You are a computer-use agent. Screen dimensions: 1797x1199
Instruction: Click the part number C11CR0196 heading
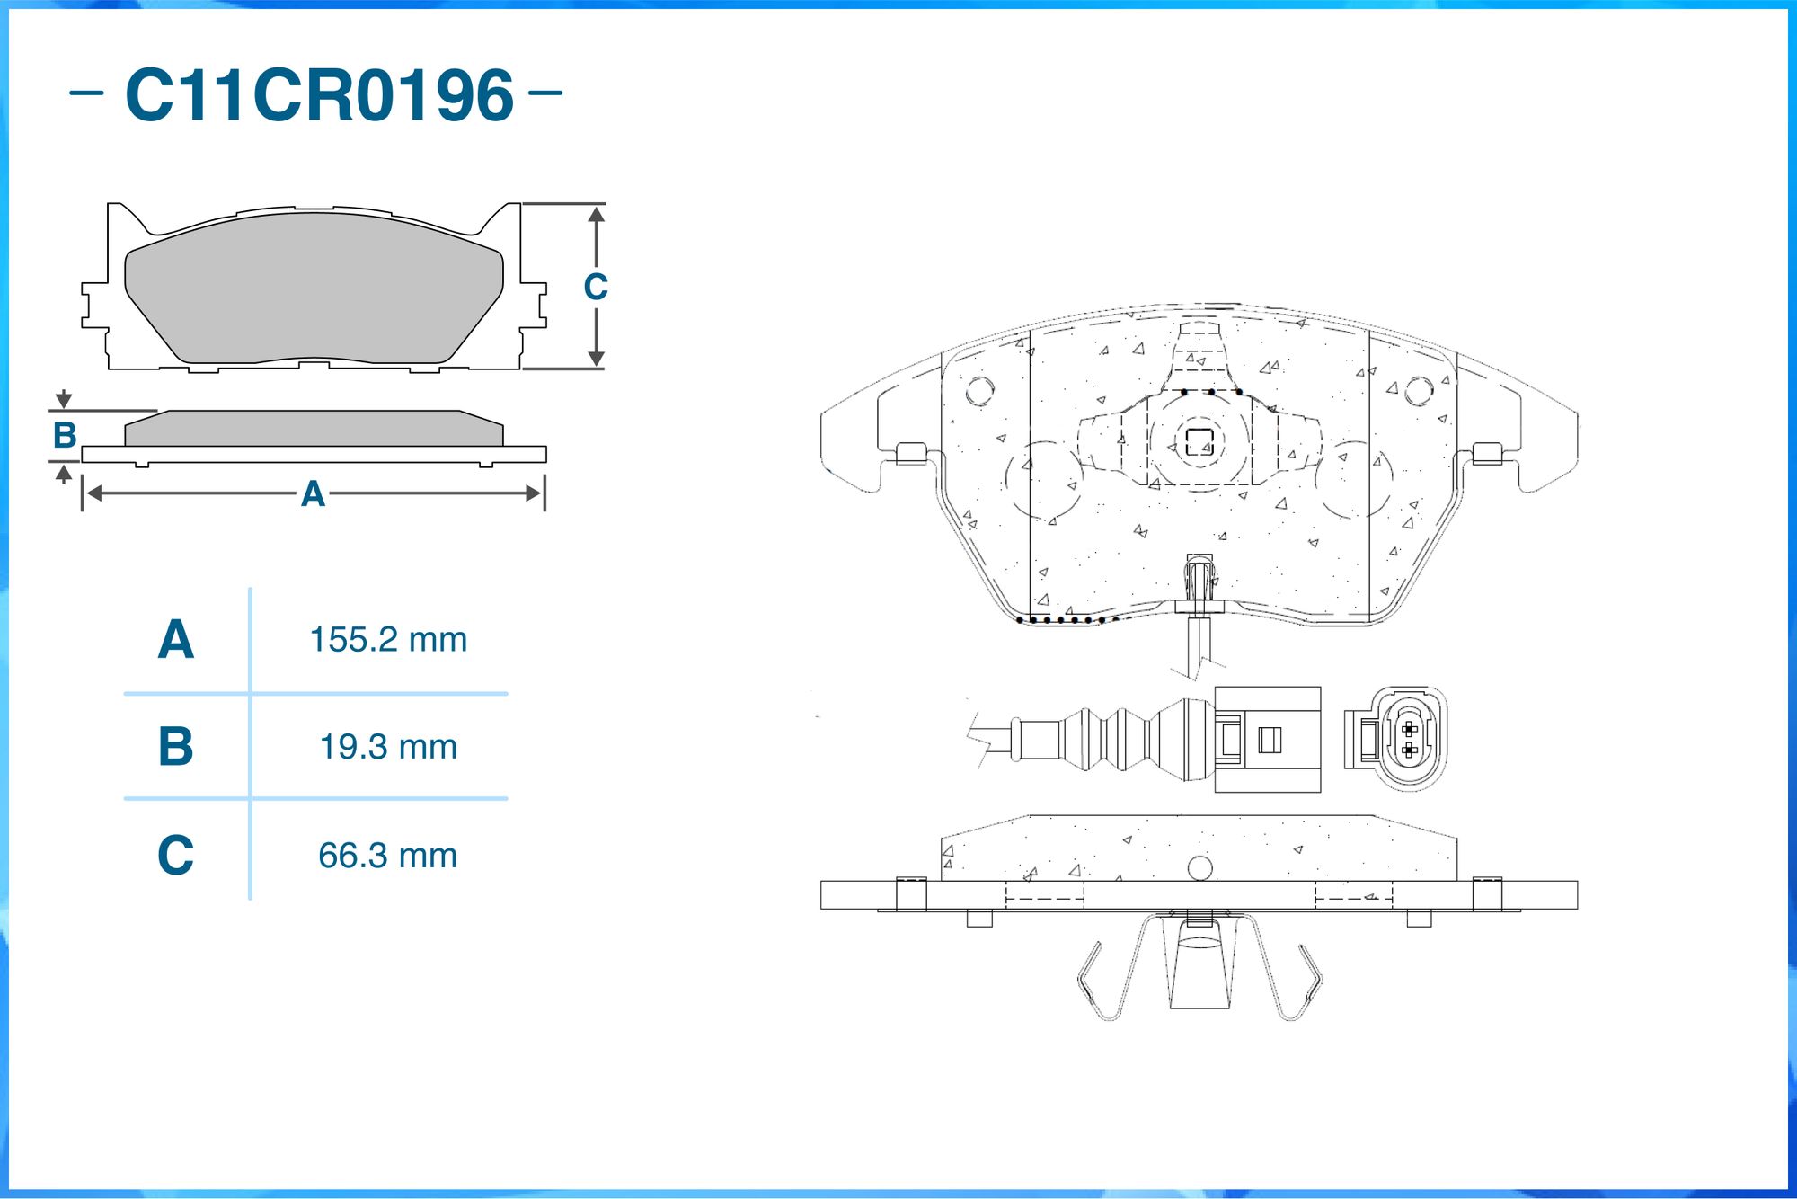[319, 94]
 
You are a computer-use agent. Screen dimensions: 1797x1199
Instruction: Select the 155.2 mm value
[388, 640]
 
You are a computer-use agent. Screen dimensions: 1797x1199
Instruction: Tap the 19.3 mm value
[388, 747]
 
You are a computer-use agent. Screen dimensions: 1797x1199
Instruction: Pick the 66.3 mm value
[388, 856]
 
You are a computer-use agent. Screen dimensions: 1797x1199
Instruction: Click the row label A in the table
[176, 639]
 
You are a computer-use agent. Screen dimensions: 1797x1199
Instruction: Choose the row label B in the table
[176, 746]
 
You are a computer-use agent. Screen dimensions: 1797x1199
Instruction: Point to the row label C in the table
[176, 854]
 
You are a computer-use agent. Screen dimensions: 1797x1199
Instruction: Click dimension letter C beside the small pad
[596, 287]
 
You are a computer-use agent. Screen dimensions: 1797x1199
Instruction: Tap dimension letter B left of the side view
[65, 435]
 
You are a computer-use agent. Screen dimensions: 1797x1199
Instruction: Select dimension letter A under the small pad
[313, 493]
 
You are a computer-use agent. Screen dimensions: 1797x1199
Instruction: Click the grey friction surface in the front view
[314, 288]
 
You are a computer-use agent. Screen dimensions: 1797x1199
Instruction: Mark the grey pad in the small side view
[314, 429]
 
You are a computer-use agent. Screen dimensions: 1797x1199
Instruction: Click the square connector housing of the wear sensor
[1268, 740]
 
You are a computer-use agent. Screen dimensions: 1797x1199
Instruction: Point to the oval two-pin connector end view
[1408, 740]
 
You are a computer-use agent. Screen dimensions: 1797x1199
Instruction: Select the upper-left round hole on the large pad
[979, 390]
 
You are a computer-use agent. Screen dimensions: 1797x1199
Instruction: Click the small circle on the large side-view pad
[1199, 868]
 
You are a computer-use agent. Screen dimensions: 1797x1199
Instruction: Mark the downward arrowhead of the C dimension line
[596, 359]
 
